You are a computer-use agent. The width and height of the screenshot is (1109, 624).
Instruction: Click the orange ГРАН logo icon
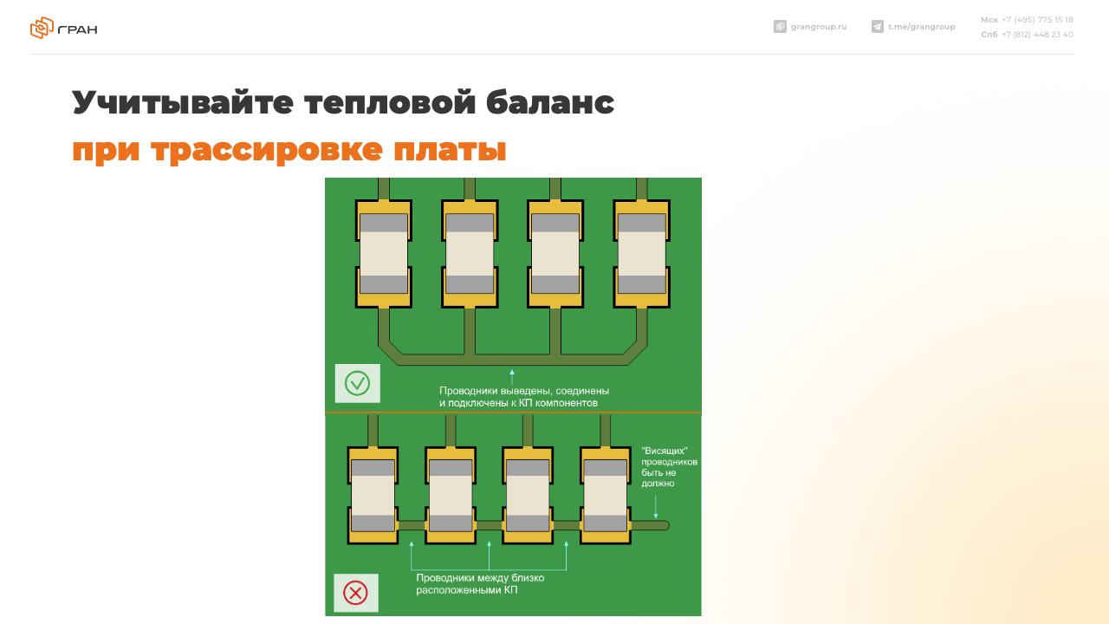click(x=42, y=28)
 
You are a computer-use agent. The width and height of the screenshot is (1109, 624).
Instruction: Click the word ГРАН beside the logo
click(x=78, y=29)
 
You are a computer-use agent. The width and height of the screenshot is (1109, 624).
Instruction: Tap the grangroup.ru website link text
click(x=819, y=27)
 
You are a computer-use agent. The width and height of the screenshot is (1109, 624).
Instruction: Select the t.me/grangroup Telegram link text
click(x=922, y=27)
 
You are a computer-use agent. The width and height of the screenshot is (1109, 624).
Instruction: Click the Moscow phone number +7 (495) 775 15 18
click(x=1037, y=20)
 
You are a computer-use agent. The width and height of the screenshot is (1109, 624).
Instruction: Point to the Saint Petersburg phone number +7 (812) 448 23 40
click(x=1037, y=34)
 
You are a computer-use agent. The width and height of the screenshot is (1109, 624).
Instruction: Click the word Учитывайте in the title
click(x=183, y=102)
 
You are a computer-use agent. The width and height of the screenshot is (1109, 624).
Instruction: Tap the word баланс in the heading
click(x=550, y=101)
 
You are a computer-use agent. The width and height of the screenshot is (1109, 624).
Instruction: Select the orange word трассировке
click(x=267, y=150)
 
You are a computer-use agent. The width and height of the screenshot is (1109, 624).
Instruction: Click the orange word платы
click(x=450, y=150)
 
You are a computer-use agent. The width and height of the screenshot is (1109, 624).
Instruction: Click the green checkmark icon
click(x=358, y=383)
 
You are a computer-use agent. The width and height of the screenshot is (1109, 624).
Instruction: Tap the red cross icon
click(x=355, y=593)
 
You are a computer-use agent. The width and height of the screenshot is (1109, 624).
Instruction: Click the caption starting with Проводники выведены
click(x=524, y=397)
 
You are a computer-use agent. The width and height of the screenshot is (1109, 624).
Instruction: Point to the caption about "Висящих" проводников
click(x=670, y=467)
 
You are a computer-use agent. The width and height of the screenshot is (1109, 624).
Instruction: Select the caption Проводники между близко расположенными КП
click(x=480, y=584)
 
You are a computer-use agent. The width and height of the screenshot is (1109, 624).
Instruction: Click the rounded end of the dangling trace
click(x=666, y=525)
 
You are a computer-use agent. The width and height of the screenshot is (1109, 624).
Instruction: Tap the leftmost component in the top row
click(x=384, y=254)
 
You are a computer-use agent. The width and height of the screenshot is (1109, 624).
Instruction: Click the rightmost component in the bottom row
click(x=606, y=495)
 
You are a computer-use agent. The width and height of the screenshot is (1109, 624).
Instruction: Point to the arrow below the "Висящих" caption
click(x=656, y=506)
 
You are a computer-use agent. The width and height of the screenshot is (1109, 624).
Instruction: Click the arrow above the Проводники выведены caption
click(x=512, y=376)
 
